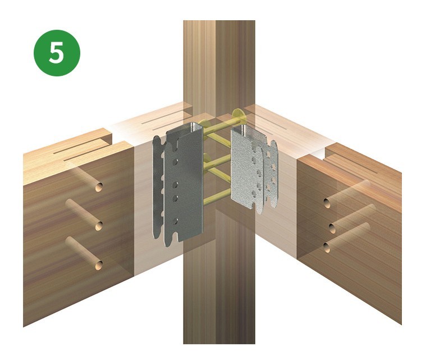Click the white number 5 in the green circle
coord(57,53)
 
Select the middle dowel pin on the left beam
coord(84,215)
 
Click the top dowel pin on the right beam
coord(347,194)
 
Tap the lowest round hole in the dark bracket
coord(175,221)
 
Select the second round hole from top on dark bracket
coord(175,185)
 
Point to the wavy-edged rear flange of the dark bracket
coord(158,185)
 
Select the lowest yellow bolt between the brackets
coord(217,197)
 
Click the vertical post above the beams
coord(219,65)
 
